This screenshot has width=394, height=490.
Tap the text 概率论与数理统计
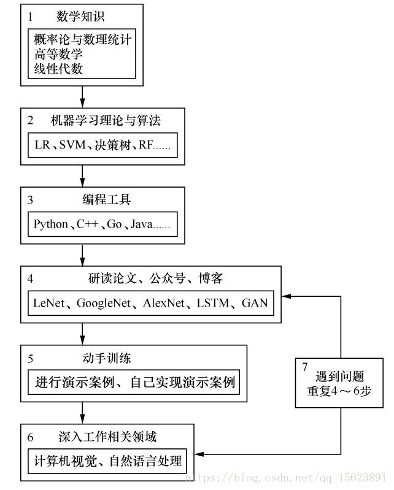[x=83, y=40]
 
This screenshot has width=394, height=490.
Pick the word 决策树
[x=110, y=145]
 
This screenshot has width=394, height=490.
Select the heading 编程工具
[x=106, y=200]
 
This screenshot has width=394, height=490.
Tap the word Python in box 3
[x=50, y=224]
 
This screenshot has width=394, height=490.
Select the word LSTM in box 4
[x=212, y=303]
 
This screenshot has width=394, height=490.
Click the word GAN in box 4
[x=255, y=303]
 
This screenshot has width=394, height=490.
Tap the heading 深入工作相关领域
[x=107, y=437]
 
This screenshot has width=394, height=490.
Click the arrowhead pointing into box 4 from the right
[x=286, y=297]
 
